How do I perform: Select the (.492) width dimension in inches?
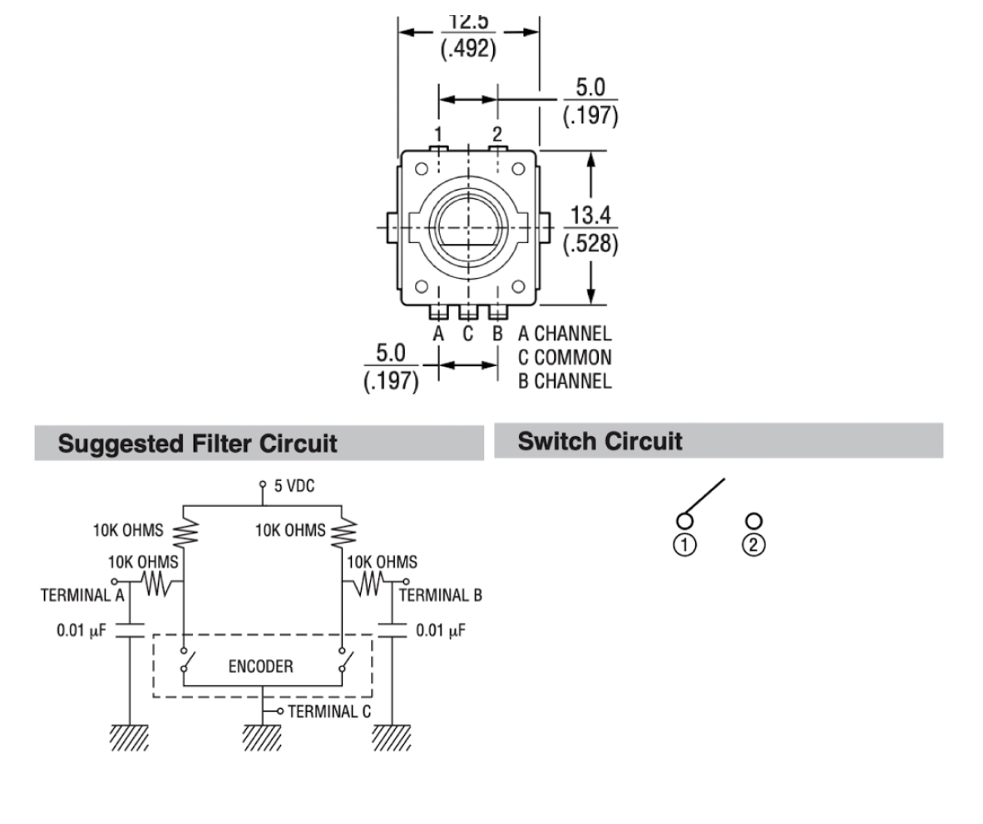tap(467, 48)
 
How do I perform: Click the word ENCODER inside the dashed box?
tap(260, 667)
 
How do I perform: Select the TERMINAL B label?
tap(441, 595)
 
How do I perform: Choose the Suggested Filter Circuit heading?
tap(198, 443)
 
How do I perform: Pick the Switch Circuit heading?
tap(600, 441)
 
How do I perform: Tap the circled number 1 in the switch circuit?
tap(685, 544)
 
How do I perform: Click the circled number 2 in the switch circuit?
tap(754, 544)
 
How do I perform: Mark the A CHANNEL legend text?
tap(565, 335)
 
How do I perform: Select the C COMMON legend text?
tap(565, 358)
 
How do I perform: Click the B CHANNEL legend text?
tap(565, 381)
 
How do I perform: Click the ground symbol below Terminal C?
tap(261, 736)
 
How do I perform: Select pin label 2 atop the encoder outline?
tap(497, 133)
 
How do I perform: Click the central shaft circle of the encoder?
tap(467, 226)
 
